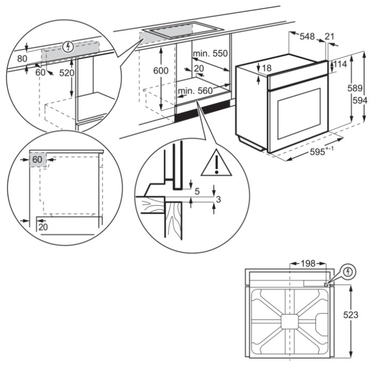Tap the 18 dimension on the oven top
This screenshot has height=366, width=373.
pyautogui.click(x=267, y=68)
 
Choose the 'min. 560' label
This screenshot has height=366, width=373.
pyautogui.click(x=195, y=91)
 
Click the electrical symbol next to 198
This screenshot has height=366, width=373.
pyautogui.click(x=348, y=272)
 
